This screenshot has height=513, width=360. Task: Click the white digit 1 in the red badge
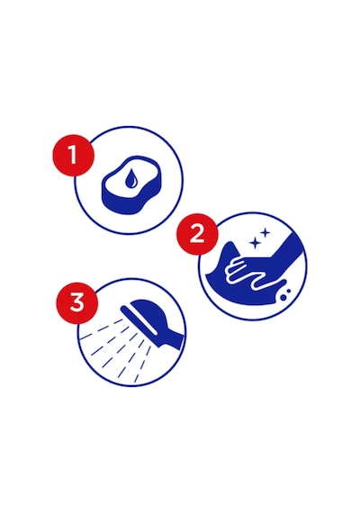click(73, 155)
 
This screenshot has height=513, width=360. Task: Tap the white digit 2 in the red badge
click(197, 234)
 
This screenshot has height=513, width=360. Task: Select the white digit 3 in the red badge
click(76, 302)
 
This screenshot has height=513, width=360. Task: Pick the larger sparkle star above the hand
click(254, 243)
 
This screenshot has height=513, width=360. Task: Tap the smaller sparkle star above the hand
click(265, 233)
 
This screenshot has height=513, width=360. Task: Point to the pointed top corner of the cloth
click(231, 242)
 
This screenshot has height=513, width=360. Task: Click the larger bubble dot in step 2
click(283, 298)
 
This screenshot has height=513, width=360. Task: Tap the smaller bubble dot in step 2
click(288, 291)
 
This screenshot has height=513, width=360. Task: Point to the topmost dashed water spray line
click(101, 328)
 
